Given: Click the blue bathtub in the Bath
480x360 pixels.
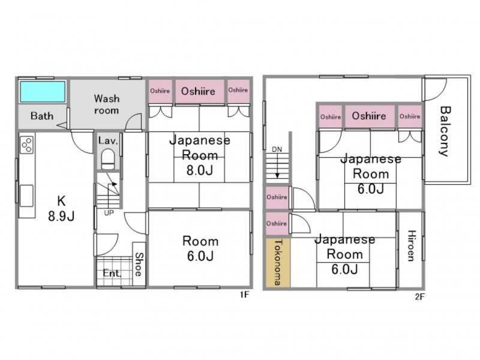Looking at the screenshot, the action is [x=43, y=92].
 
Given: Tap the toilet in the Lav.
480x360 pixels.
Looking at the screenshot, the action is [x=108, y=159].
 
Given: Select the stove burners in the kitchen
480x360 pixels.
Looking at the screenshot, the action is [x=26, y=145].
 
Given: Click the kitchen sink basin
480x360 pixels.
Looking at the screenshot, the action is [x=26, y=196].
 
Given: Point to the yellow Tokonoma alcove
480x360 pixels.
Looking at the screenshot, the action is [x=278, y=263].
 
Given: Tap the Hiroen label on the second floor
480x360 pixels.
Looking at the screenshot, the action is [x=411, y=246].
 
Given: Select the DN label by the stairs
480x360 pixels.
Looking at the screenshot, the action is [x=277, y=149].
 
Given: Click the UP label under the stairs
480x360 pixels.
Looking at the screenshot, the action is [x=109, y=213].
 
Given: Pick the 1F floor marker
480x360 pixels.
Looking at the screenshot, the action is [x=245, y=295].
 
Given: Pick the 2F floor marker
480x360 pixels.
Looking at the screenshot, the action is [x=420, y=296].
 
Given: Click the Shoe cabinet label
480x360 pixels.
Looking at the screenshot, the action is [x=139, y=264].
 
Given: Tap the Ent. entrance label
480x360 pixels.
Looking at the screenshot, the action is [x=112, y=273].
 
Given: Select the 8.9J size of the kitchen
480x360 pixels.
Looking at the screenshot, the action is [x=61, y=217].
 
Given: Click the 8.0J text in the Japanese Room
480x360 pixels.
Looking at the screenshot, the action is [x=200, y=170].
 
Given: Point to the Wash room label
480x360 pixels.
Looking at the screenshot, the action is [x=107, y=104].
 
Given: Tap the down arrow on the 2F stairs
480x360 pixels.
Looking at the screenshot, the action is [x=277, y=166].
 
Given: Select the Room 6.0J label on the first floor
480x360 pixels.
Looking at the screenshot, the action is [x=200, y=248].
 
